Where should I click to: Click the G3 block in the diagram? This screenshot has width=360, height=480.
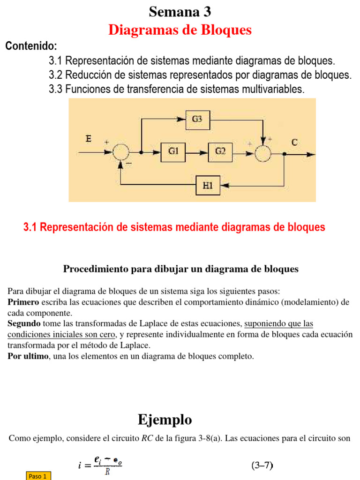point(197,119)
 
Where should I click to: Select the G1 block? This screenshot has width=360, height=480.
point(173,151)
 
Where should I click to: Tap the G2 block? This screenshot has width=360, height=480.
point(220,151)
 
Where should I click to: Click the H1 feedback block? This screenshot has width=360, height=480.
point(208,185)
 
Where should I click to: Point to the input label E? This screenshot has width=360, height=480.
point(89,138)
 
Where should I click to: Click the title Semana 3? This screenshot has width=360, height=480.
point(180,11)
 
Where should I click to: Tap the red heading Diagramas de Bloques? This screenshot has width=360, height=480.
point(180,30)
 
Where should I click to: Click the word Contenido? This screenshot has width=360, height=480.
point(31,46)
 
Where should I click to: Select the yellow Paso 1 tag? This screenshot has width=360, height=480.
point(37,476)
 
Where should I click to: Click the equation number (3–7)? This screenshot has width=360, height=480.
point(262,465)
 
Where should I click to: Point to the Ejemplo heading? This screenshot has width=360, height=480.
point(165,420)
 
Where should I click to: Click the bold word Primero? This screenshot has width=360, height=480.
point(23,302)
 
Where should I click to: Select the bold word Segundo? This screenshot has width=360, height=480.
point(23,323)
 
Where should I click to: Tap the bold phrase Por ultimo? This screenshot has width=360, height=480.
point(27,356)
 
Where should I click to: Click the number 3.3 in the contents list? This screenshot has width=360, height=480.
point(56,89)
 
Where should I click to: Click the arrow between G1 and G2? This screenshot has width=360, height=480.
point(197,152)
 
